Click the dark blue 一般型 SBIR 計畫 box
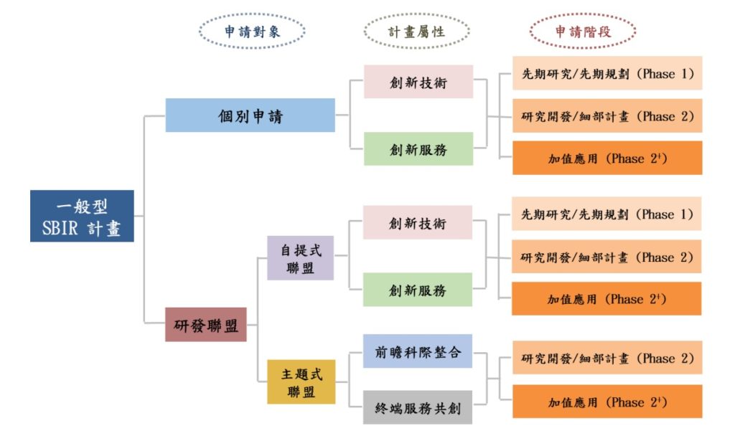tap(82, 216)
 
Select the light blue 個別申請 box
tap(250, 115)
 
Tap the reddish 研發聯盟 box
tap(206, 324)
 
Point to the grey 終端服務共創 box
tap(418, 407)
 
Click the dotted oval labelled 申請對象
tap(252, 32)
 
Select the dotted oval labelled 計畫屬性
tap(417, 32)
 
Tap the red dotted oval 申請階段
tap(583, 32)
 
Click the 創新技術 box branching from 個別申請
tap(418, 82)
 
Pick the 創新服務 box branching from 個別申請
tap(418, 149)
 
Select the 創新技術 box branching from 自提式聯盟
tap(418, 222)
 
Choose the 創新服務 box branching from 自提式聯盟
tap(418, 290)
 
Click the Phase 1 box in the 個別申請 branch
tap(607, 73)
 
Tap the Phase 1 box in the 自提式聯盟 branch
tap(607, 214)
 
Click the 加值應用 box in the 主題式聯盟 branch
tap(607, 402)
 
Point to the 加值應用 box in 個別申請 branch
tap(607, 158)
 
